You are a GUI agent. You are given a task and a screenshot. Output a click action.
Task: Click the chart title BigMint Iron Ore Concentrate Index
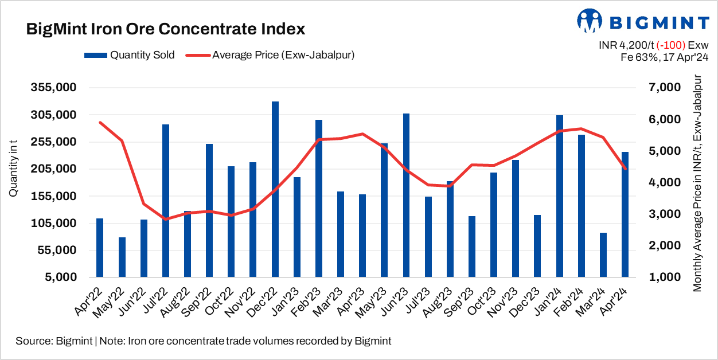click(x=166, y=30)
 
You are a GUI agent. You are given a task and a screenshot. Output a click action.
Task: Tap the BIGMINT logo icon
click(x=590, y=22)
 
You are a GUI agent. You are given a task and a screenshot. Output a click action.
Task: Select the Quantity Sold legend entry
click(x=129, y=55)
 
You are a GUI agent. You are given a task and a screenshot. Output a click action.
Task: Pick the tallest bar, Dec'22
click(x=275, y=189)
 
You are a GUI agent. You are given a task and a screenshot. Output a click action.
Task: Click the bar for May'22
click(x=122, y=257)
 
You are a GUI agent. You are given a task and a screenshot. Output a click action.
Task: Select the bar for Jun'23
click(x=407, y=195)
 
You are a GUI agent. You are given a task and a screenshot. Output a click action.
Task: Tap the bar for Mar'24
click(x=603, y=255)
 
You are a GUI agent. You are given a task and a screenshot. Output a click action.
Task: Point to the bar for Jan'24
click(x=560, y=196)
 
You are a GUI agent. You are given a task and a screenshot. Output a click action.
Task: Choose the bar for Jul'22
click(x=166, y=201)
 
